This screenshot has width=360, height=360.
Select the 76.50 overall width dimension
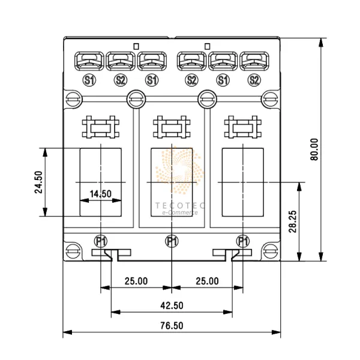(x=171, y=326)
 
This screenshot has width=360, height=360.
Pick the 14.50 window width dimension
(x=100, y=194)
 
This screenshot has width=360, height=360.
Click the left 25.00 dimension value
(x=136, y=281)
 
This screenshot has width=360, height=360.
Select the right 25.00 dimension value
(x=207, y=281)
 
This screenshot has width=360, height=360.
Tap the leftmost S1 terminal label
(x=89, y=79)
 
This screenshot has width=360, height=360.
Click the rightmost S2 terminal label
(x=254, y=79)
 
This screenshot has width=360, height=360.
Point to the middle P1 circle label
(x=172, y=242)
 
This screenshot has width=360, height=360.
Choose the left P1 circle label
(x=101, y=242)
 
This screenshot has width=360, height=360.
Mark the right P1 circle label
(x=243, y=242)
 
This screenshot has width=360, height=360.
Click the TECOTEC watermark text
(x=180, y=205)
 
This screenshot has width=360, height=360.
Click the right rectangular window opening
(x=242, y=181)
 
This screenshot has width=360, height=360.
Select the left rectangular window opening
(x=101, y=181)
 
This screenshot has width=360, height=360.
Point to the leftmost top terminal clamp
(x=89, y=61)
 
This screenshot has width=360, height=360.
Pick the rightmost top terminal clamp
(x=254, y=61)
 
